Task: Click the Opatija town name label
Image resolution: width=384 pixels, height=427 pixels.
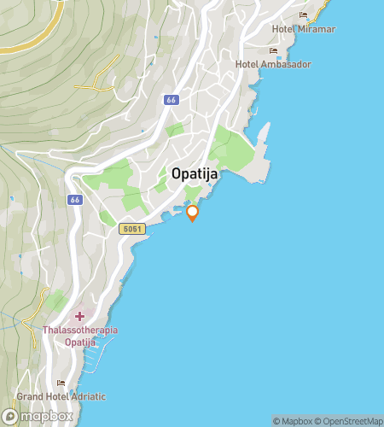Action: (x=195, y=173)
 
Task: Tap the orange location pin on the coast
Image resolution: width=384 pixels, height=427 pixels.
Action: (x=193, y=213)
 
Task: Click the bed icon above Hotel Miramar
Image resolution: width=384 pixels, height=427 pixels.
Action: (x=302, y=15)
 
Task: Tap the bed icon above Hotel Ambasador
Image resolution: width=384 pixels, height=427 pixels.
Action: (x=273, y=51)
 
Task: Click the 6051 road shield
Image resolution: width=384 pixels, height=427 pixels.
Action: (x=132, y=229)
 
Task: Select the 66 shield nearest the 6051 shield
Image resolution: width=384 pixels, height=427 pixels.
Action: (x=75, y=200)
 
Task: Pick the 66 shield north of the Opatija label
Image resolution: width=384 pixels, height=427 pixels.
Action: (x=171, y=100)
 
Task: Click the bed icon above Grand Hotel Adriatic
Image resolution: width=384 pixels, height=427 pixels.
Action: (x=61, y=383)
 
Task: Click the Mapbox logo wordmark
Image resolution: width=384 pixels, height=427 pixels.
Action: (x=44, y=416)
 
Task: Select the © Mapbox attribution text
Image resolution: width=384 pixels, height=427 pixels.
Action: (x=294, y=421)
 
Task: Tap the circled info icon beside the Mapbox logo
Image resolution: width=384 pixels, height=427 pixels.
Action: (x=9, y=416)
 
